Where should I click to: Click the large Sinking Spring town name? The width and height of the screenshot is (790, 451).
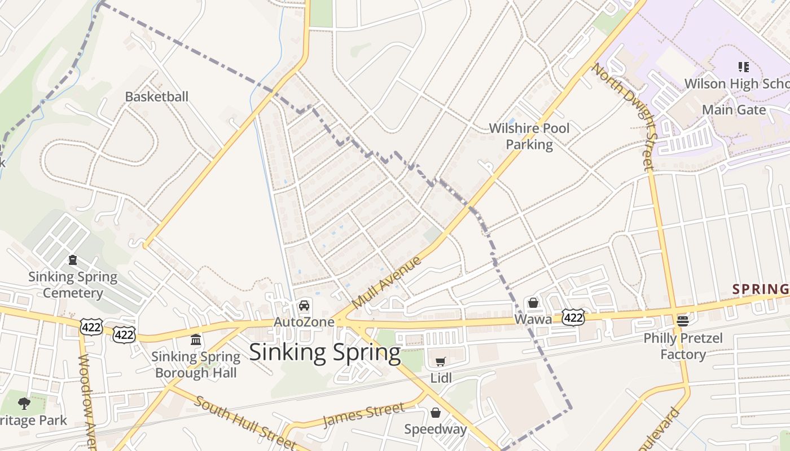tap(324, 352)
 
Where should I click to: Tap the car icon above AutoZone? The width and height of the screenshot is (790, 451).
tap(304, 306)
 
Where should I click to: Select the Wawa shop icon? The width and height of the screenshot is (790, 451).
tap(533, 303)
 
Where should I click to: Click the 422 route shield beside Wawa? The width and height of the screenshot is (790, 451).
tap(573, 317)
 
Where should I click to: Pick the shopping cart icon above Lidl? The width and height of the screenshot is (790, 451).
tap(441, 361)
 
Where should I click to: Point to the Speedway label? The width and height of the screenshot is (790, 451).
tap(436, 429)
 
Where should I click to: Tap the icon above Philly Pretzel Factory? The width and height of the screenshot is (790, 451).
tap(683, 321)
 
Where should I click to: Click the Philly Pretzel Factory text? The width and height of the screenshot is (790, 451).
tap(683, 346)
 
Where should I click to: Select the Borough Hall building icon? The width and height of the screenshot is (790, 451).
tap(196, 339)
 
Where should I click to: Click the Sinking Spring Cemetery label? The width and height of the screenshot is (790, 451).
tap(73, 285)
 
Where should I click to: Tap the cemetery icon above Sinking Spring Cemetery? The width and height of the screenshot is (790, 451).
tap(73, 260)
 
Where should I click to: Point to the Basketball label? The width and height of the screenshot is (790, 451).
tap(156, 96)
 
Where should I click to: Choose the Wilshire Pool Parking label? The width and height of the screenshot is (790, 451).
tap(529, 136)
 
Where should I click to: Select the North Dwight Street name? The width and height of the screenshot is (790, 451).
tap(625, 116)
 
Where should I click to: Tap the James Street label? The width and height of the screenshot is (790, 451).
tap(363, 415)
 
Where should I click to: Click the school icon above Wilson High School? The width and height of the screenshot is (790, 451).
tap(743, 68)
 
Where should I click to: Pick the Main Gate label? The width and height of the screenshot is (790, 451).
tap(734, 109)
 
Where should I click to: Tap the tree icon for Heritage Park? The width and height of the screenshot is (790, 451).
tap(24, 403)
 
